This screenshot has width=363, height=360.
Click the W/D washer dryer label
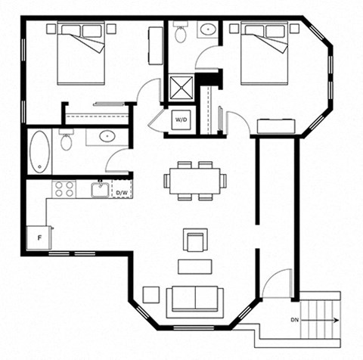click(181, 119)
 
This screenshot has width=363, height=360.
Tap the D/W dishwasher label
click(122, 193)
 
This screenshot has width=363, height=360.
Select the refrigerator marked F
click(39, 237)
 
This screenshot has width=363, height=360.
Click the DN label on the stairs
click(295, 320)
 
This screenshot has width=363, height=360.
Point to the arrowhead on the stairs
click(337, 320)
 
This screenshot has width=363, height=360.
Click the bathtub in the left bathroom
click(39, 152)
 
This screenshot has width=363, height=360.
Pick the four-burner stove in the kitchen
click(64, 189)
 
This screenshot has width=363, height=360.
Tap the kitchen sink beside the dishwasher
click(100, 189)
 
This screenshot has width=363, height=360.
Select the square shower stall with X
click(181, 87)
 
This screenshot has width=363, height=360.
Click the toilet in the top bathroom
click(180, 32)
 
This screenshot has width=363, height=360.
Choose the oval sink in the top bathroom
click(208, 29)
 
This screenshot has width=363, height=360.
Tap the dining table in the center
click(195, 181)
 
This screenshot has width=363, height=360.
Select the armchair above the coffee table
click(195, 240)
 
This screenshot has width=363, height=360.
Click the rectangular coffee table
click(194, 266)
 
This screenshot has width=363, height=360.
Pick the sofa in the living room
click(195, 302)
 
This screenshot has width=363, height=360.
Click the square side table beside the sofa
click(151, 295)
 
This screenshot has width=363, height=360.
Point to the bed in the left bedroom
click(81, 53)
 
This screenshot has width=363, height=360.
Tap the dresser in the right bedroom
click(276, 126)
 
